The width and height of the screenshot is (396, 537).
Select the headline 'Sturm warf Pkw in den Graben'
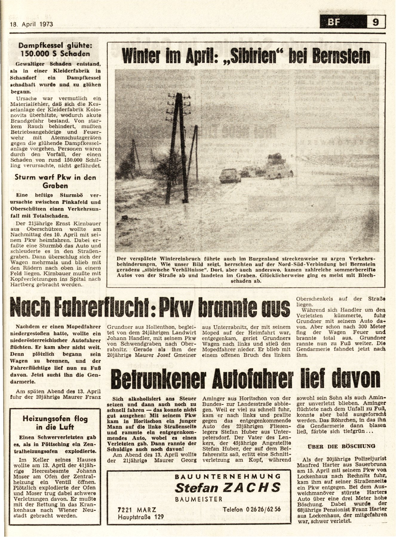[x=56, y=181]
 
